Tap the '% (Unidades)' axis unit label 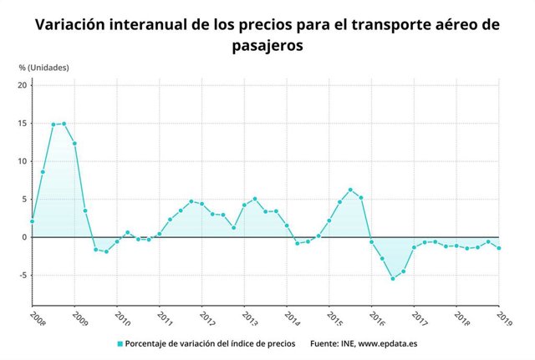[44, 67]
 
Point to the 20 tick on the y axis [23, 85]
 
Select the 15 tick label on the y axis [23, 124]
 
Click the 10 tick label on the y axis [23, 161]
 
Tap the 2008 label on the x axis [38, 317]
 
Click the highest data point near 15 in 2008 [64, 124]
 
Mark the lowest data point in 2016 [393, 278]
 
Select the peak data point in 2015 [350, 190]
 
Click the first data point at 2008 [32, 221]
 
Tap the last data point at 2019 [499, 248]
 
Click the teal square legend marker [120, 343]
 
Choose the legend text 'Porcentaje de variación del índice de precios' [210, 343]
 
